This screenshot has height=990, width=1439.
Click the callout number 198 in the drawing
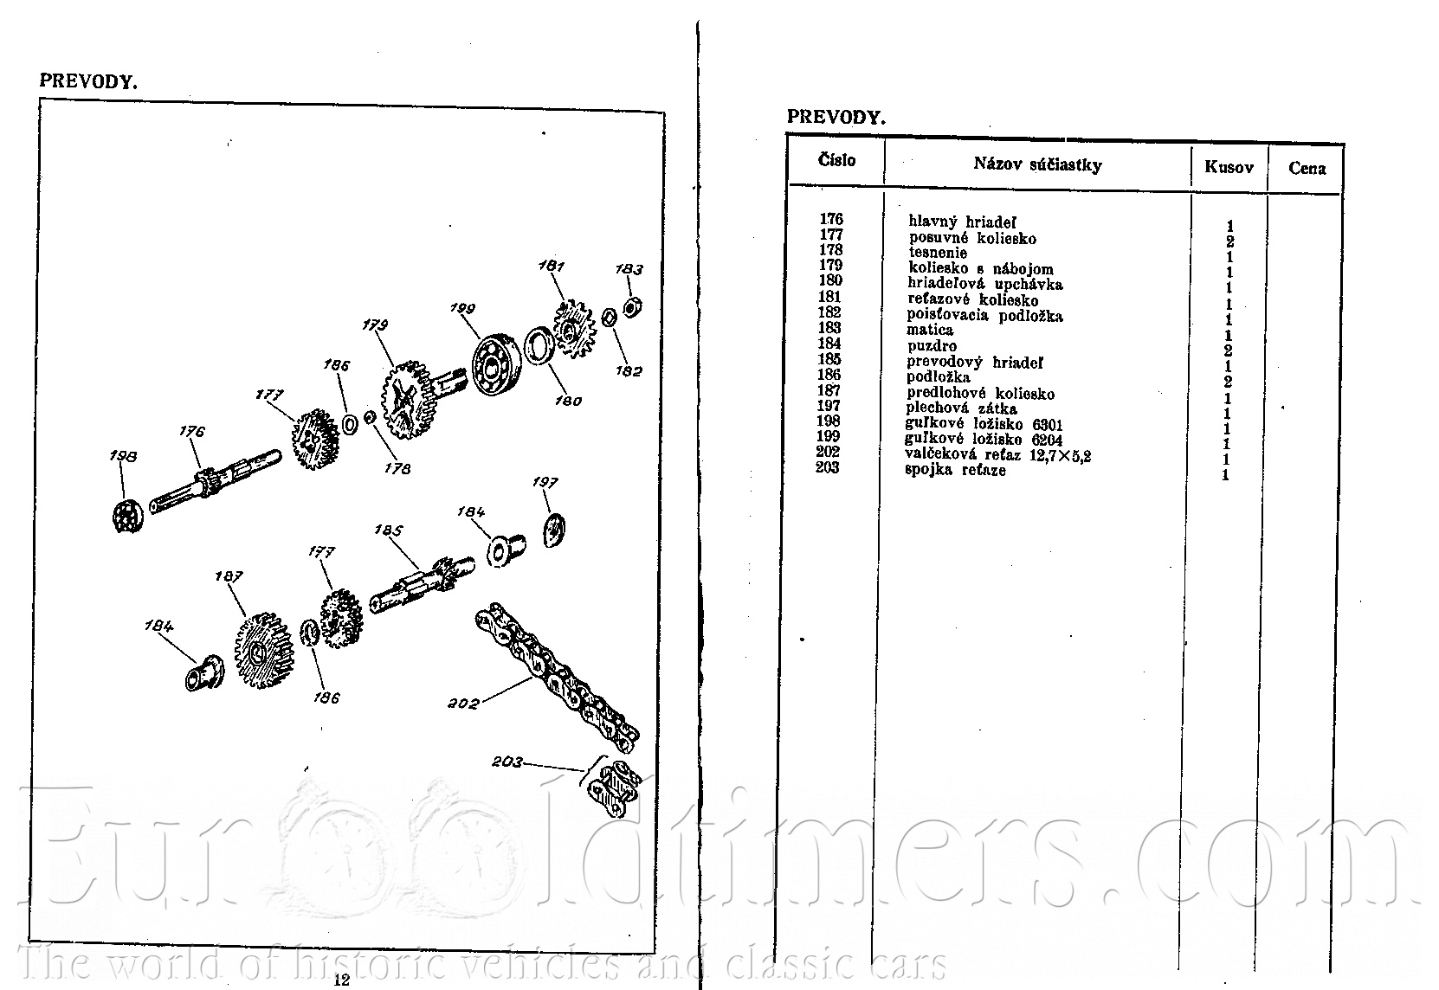point(123,456)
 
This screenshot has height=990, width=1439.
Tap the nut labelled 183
point(633,307)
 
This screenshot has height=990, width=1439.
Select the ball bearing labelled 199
point(496,365)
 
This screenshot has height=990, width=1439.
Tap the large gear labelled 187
point(263,651)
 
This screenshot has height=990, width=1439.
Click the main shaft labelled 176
point(216,481)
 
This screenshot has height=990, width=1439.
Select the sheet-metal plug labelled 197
point(554,530)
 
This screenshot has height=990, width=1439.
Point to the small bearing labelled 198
point(127,517)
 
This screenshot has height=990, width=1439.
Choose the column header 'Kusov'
point(1229,168)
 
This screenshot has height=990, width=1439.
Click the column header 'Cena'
point(1307,168)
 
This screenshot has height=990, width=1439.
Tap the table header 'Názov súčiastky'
point(1037,165)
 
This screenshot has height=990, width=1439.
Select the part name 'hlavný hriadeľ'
point(962,222)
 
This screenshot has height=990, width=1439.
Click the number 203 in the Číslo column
point(828,467)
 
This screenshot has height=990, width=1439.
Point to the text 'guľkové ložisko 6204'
point(984,440)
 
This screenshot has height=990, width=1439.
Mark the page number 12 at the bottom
point(342,980)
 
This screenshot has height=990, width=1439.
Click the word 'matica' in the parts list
point(930,330)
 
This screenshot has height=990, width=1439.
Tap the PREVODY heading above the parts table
point(836,117)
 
